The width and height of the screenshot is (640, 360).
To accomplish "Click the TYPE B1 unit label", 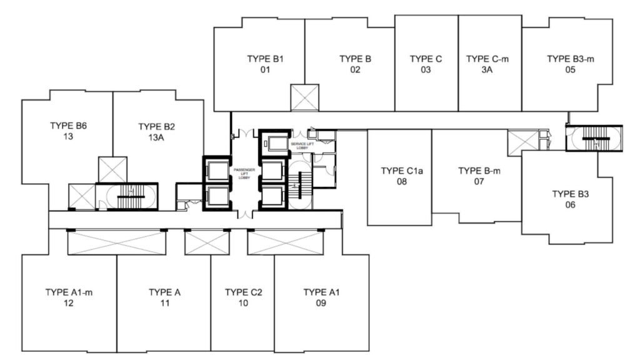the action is click(265, 59).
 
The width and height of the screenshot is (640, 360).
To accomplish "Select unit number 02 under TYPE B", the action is click(355, 70).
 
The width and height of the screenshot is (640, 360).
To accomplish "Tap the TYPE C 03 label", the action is click(426, 64).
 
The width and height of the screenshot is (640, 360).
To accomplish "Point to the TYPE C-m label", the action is click(487, 59).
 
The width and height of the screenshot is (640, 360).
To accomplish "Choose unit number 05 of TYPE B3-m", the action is click(570, 70).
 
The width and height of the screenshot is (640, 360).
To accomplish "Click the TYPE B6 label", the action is click(69, 126).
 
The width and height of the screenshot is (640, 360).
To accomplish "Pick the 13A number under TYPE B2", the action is click(156, 137).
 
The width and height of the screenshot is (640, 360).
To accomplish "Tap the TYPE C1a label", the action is click(402, 171).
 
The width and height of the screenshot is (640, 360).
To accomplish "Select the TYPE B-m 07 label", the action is click(479, 176).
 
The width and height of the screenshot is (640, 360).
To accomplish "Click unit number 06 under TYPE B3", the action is click(570, 205).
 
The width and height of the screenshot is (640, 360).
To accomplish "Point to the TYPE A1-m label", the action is click(69, 292).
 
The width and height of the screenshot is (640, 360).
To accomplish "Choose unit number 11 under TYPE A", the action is click(164, 303).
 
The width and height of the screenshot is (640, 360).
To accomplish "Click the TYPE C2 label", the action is click(243, 292).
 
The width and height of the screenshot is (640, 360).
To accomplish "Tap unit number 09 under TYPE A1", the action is click(321, 303).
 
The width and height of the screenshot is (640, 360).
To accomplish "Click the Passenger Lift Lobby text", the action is click(244, 174).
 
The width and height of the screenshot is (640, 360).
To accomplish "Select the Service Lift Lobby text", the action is click(302, 146).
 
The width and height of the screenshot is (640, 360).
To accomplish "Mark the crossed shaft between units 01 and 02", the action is click(304, 97).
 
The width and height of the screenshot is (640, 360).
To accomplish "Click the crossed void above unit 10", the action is click(207, 242).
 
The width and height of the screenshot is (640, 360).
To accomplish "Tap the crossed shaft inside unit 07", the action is click(523, 142).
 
